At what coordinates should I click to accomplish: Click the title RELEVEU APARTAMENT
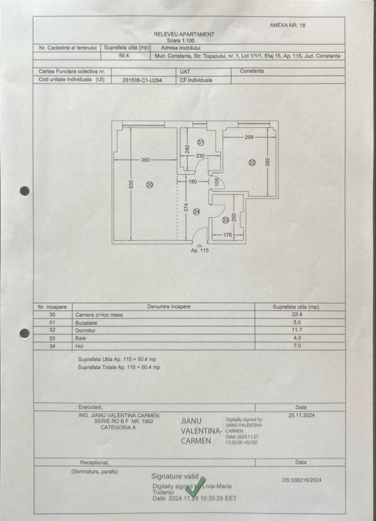coord(184,34)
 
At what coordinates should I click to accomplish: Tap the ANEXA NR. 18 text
coord(287,25)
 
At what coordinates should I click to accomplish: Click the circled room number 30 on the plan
coord(149,185)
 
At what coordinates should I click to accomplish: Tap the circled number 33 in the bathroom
coord(226,220)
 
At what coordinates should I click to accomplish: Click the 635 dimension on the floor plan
coord(130,184)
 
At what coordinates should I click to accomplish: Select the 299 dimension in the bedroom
coord(249,138)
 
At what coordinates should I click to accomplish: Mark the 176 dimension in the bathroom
coord(228,236)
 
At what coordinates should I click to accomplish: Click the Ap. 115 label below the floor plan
coord(200,251)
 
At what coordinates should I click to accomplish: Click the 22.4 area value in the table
coord(296,314)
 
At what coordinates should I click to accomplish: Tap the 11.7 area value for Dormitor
coord(296,329)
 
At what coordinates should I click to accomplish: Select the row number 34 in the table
coord(52,345)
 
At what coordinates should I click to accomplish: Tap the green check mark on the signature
coord(196,487)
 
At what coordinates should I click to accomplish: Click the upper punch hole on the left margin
coord(25,191)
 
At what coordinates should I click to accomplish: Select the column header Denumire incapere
coord(169,306)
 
